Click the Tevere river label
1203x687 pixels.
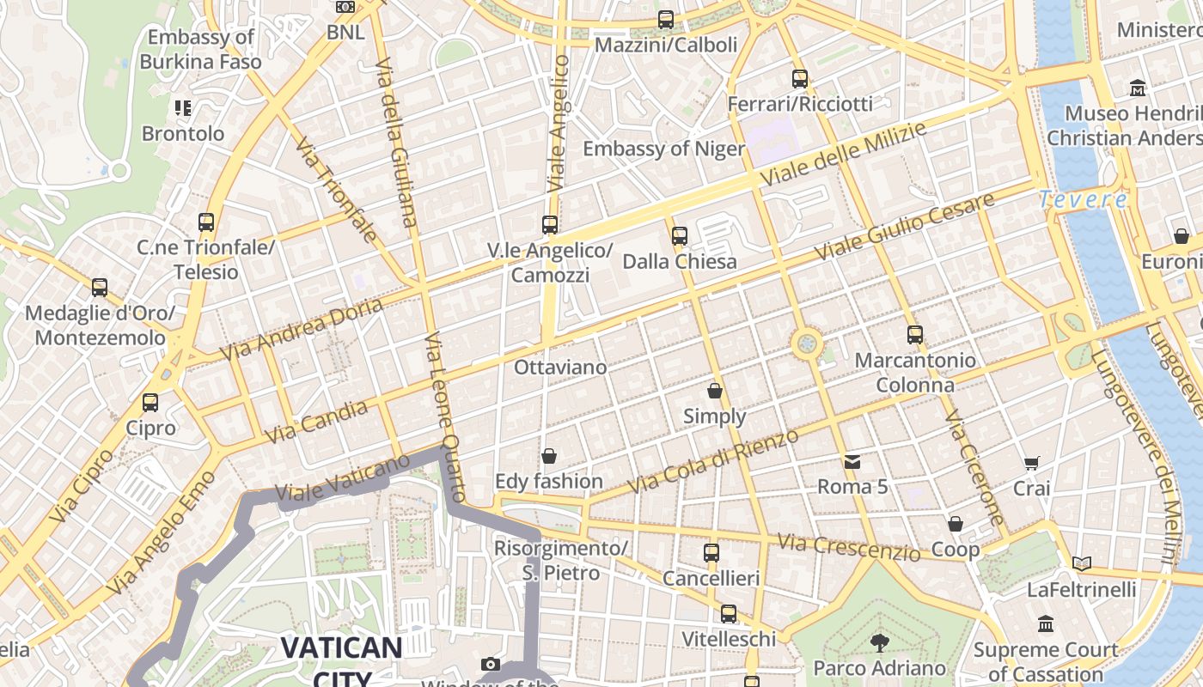(1083, 200)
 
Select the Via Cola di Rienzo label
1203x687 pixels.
(712, 461)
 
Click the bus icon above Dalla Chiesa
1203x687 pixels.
(680, 234)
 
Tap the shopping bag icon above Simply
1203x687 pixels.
(714, 392)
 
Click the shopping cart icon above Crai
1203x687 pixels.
(1032, 464)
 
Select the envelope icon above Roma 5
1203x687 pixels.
(852, 462)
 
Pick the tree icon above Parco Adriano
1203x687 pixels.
(879, 642)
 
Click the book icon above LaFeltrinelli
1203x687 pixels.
(1082, 564)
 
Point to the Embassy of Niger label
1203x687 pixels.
(664, 149)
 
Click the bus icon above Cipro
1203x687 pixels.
(150, 402)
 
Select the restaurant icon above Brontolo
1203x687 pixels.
(182, 108)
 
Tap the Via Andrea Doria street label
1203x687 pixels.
(300, 330)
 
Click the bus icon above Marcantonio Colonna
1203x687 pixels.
(915, 335)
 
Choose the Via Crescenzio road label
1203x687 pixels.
(848, 547)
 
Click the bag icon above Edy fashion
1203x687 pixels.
(548, 456)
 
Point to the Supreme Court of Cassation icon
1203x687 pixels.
(1046, 624)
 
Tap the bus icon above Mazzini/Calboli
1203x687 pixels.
(666, 20)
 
